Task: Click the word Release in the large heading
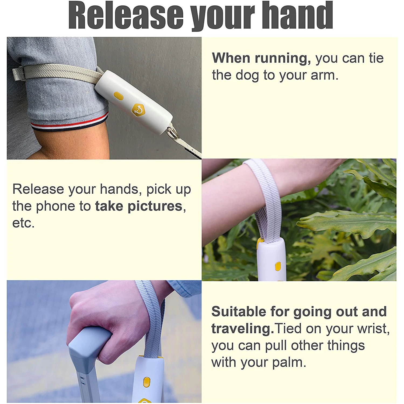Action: (x=126, y=15)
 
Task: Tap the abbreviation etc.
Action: (x=23, y=223)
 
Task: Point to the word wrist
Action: (x=374, y=329)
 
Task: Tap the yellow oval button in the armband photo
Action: (x=118, y=95)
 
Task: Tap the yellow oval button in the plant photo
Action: (x=278, y=266)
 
